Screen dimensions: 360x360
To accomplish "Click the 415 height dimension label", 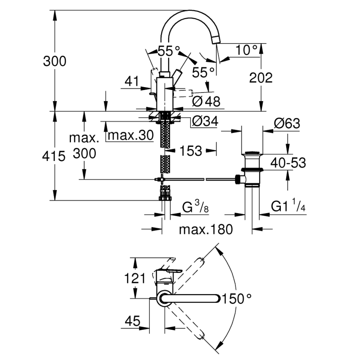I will coord(54,156).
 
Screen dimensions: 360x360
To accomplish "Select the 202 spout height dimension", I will coord(261,77).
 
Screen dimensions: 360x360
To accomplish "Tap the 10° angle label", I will coord(246,50).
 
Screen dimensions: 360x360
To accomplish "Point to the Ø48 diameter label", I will coord(206,101).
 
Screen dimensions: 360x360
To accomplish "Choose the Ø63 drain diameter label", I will coord(287,123).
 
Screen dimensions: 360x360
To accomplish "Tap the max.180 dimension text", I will coord(206,229).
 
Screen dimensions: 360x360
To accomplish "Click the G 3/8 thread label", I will coord(195,206).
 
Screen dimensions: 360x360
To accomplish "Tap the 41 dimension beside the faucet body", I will coord(131,82).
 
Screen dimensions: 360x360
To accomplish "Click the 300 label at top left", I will coord(54,61).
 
